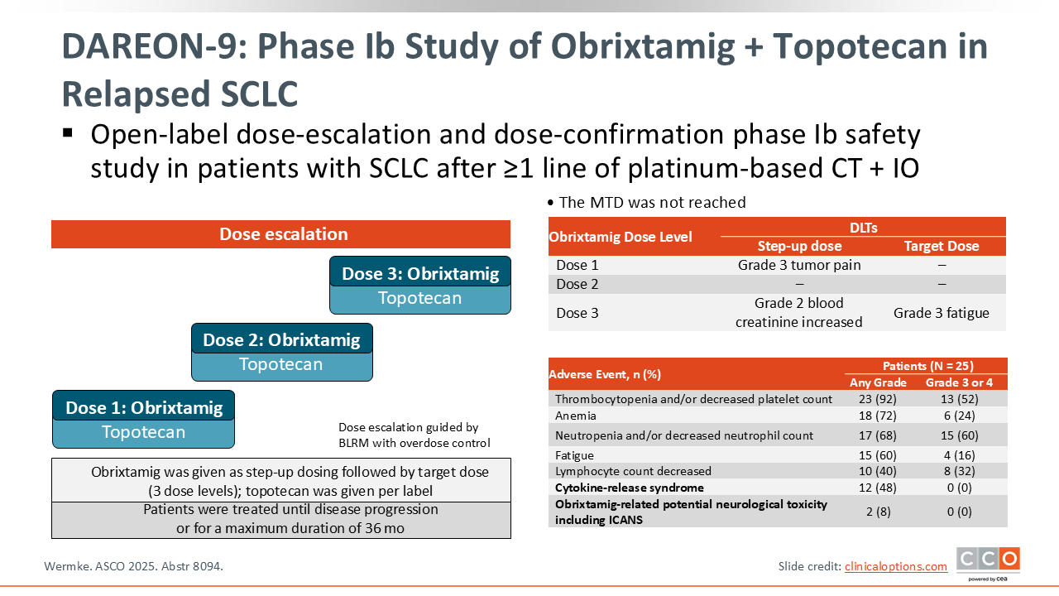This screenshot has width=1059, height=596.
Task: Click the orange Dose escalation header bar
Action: point(281,234)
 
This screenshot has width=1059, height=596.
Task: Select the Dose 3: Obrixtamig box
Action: point(420,272)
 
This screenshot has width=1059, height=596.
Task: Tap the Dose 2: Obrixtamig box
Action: point(281,339)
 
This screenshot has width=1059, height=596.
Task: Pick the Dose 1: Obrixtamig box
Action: point(144,407)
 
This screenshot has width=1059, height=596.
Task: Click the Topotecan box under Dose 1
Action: point(144,432)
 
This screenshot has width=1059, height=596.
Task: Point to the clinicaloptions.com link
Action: point(895,566)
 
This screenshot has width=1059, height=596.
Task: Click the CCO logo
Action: point(988,560)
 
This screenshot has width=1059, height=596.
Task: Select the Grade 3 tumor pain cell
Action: point(799,266)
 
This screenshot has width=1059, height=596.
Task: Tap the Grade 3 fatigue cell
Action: point(942,313)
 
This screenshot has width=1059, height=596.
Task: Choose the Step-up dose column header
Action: point(799,246)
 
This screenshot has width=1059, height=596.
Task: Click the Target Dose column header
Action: point(942,246)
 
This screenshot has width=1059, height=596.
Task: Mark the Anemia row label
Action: point(576,416)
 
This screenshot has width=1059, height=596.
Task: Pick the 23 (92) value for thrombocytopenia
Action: point(878,399)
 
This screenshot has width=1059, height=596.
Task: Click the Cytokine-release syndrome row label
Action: point(629,488)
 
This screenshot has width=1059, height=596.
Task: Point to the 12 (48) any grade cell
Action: point(878,488)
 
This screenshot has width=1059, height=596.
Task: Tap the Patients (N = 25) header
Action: point(927,366)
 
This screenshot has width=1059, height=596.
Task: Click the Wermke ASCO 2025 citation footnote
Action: point(133,566)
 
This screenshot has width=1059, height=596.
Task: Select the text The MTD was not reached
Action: point(652,203)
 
